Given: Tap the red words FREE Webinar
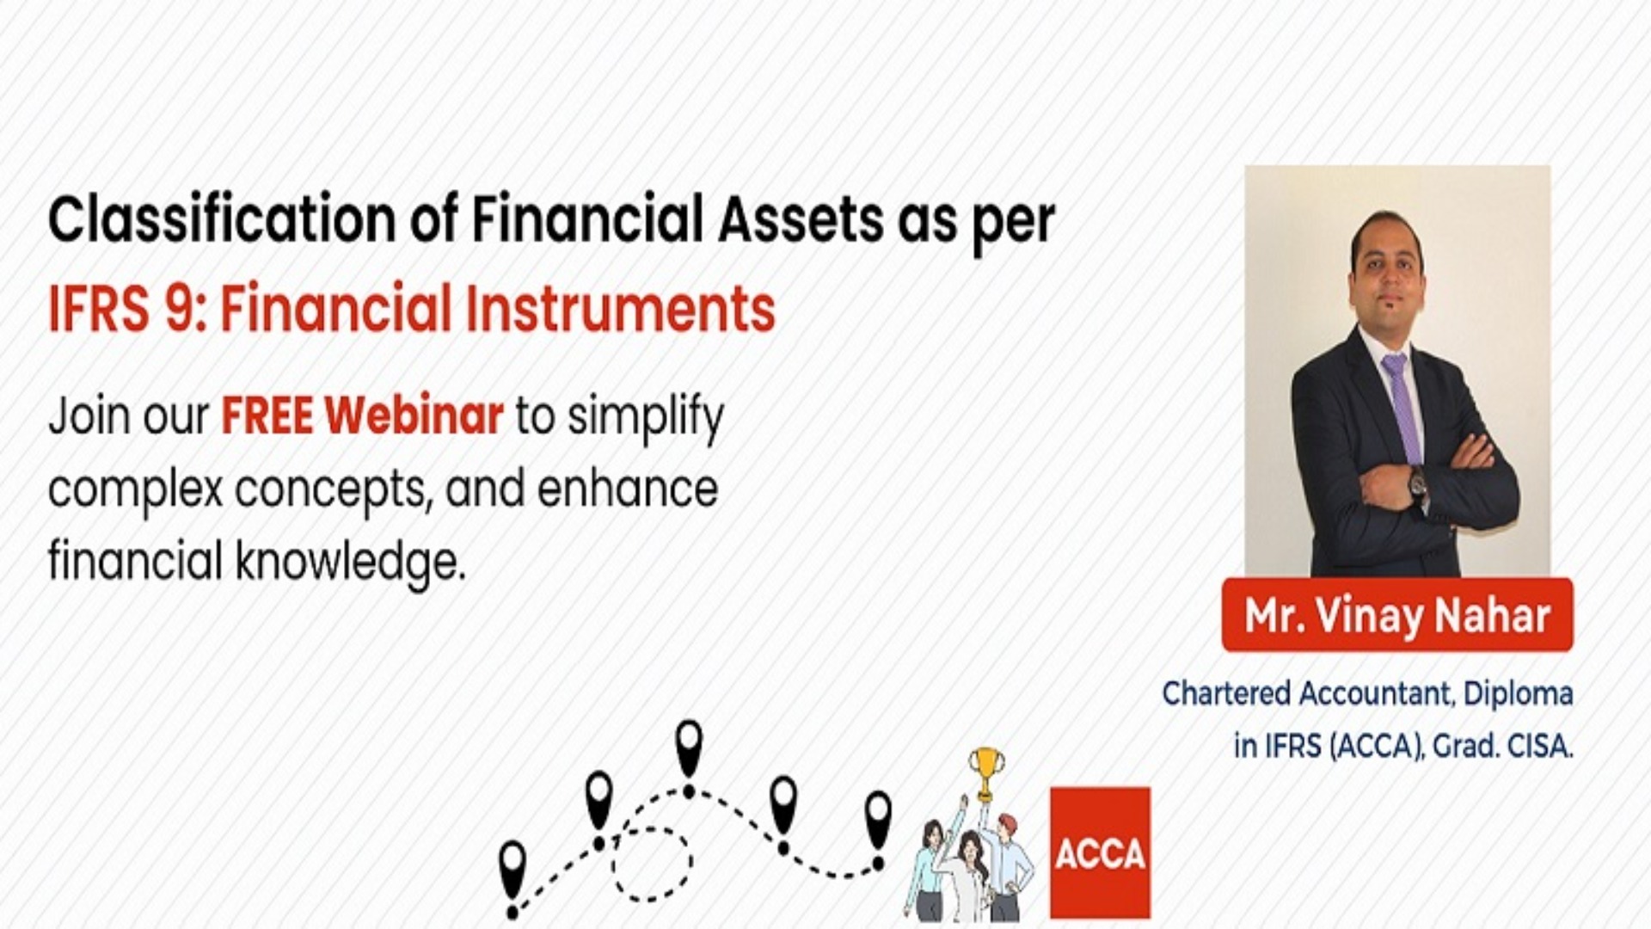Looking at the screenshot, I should coord(362,416).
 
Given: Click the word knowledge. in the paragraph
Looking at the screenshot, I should coord(351,562).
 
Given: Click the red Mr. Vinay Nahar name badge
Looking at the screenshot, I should coord(1396,615).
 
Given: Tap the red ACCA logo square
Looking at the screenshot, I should coord(1100,852).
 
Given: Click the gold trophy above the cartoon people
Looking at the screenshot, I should coord(985,771).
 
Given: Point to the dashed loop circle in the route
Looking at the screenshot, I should coord(652,860).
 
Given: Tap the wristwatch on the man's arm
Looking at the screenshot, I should coord(1416,483).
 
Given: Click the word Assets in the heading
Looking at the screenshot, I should coord(801,220).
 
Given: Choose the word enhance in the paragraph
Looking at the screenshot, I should coord(627,489).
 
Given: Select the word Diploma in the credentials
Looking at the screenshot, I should coord(1518,693).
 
